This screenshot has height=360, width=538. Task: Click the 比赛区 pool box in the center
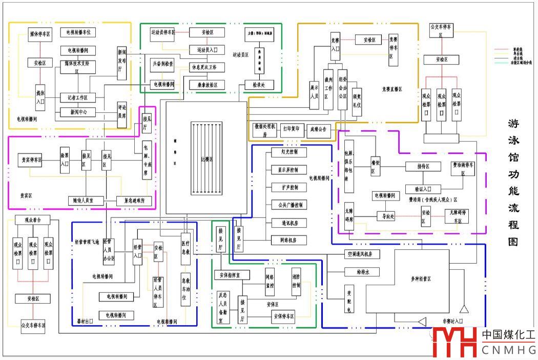tap(206, 159)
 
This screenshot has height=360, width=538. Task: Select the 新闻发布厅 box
tap(122, 63)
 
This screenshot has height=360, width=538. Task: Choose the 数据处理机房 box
tap(264, 130)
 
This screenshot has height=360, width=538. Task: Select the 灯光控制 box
tap(289, 152)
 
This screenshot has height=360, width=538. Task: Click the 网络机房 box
tap(289, 240)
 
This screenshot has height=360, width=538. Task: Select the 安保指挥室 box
tap(232, 275)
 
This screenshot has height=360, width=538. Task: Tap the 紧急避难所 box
tap(135, 200)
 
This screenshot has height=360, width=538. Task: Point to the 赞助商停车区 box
tap(463, 169)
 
